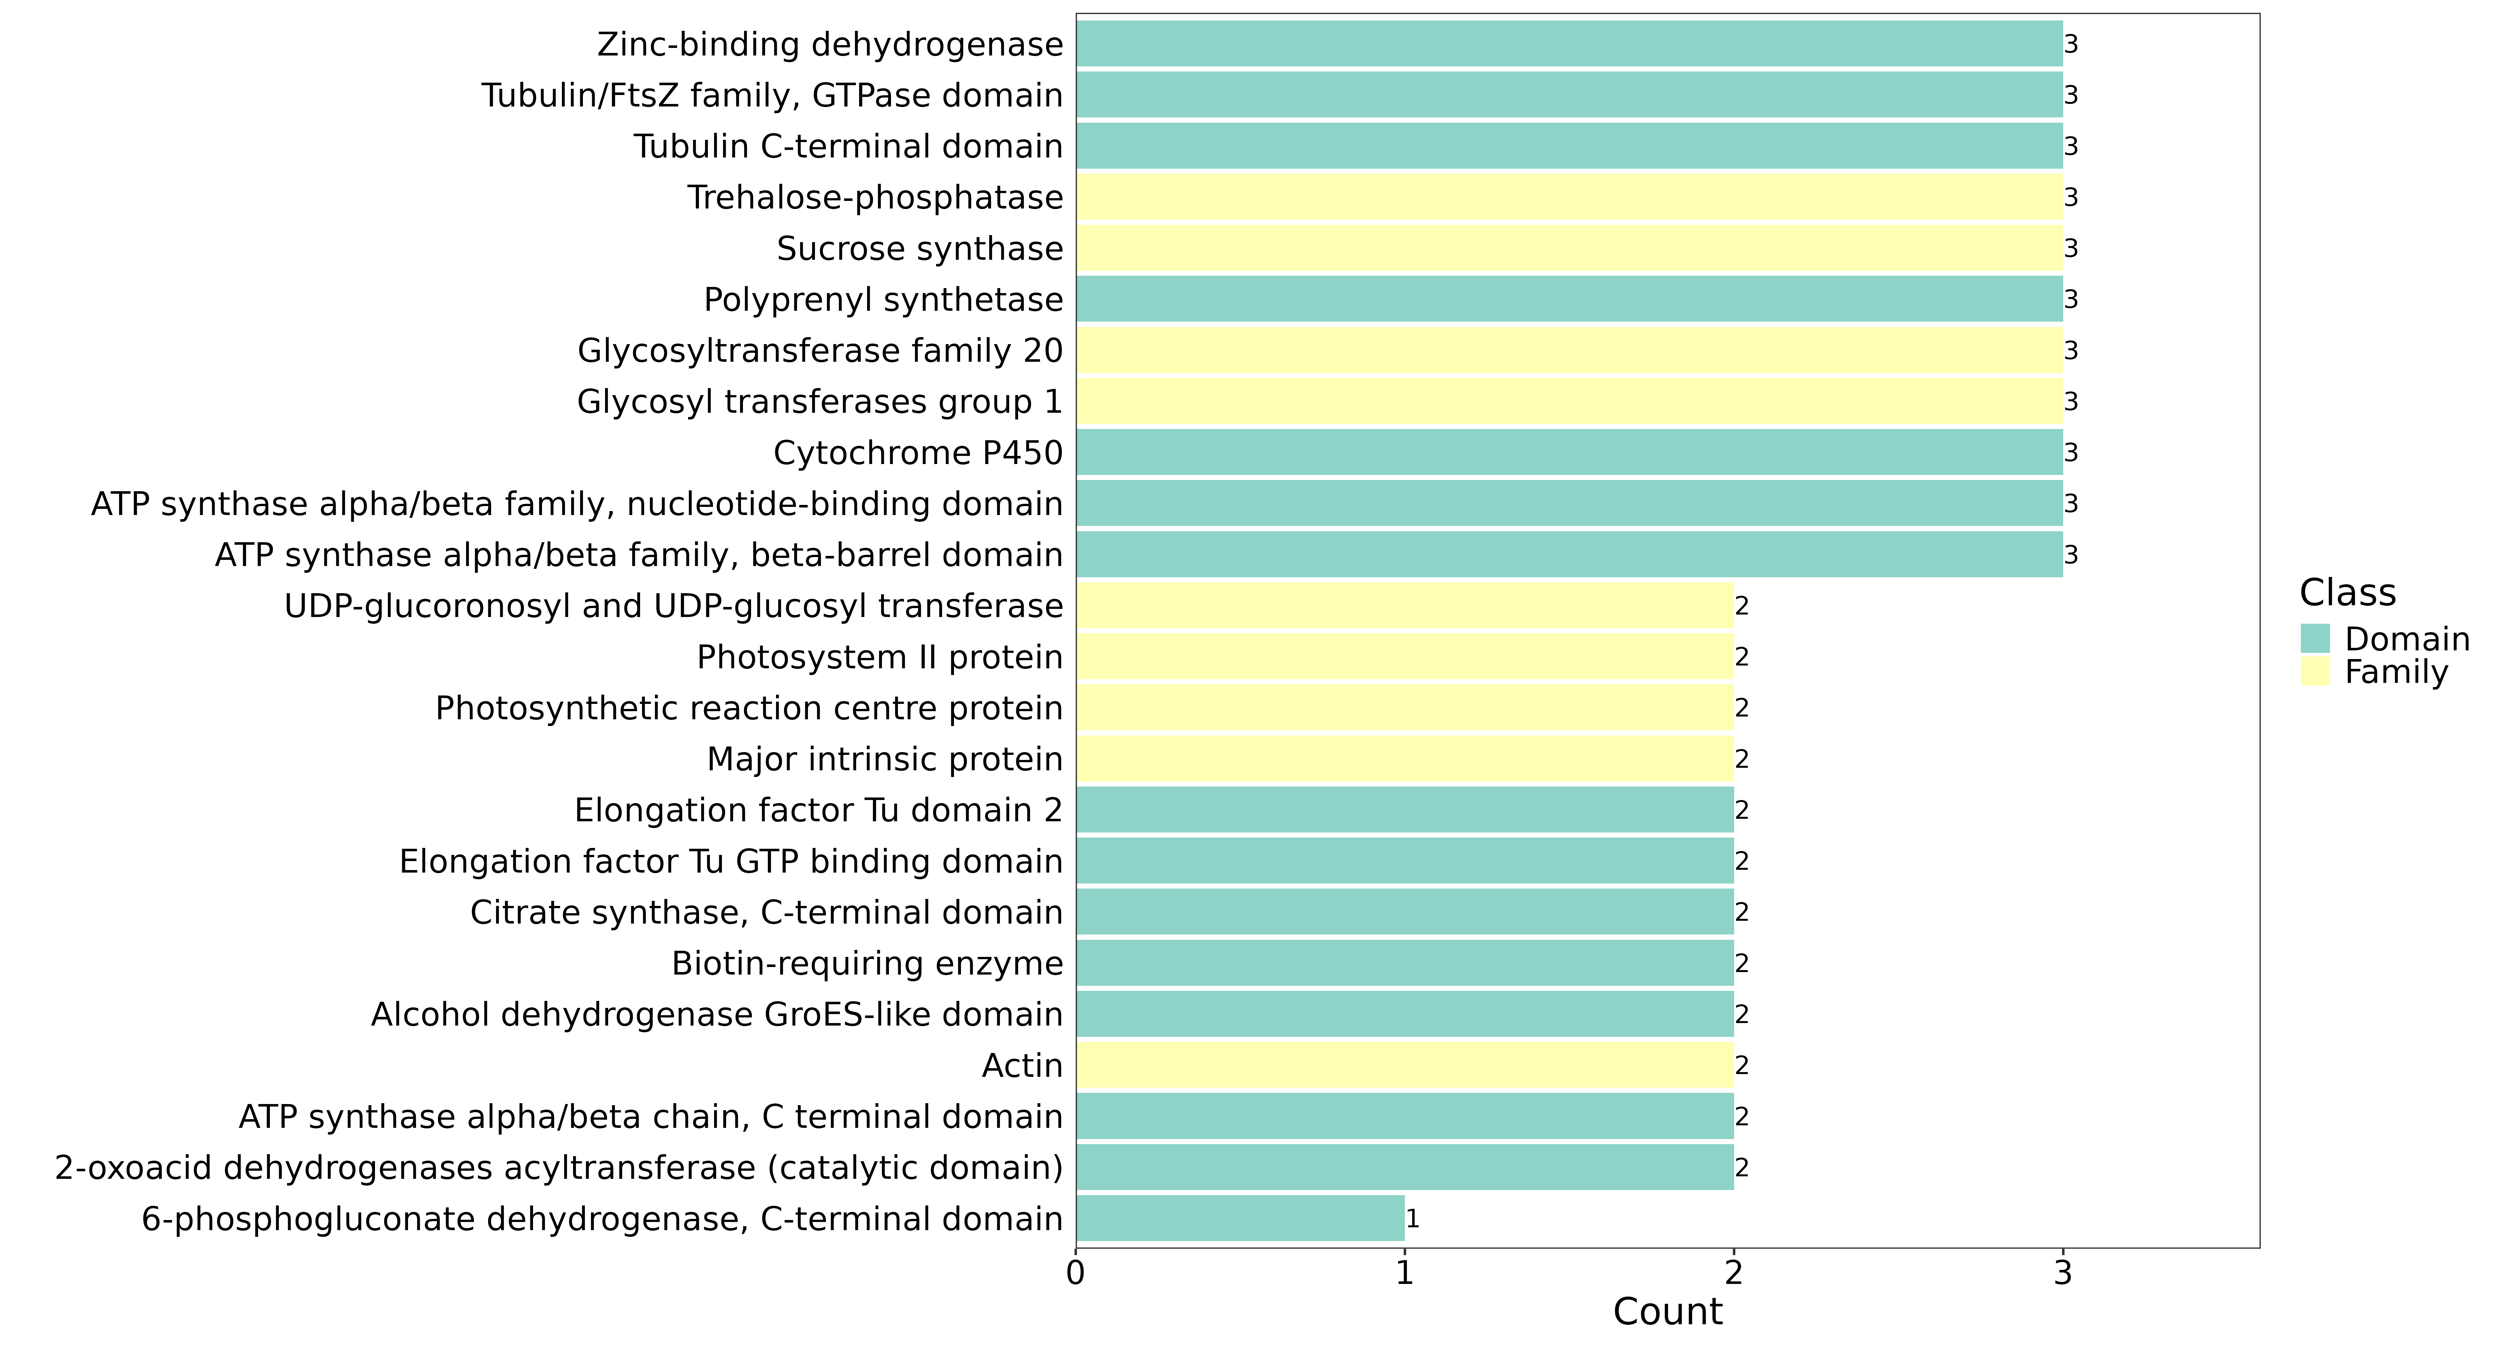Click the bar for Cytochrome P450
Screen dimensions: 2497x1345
1569,453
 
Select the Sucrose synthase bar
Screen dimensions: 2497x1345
1569,248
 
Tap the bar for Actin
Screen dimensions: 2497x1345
1405,1065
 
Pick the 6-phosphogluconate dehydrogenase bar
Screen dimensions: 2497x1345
1240,1218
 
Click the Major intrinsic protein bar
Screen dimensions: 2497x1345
1405,759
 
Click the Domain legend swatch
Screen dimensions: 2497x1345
2315,639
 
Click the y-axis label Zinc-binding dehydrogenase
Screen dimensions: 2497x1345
830,45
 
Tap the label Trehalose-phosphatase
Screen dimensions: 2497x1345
875,198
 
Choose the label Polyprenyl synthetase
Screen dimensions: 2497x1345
883,300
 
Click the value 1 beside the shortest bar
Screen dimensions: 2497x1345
1412,1219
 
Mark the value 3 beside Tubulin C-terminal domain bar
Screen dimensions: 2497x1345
2070,146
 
